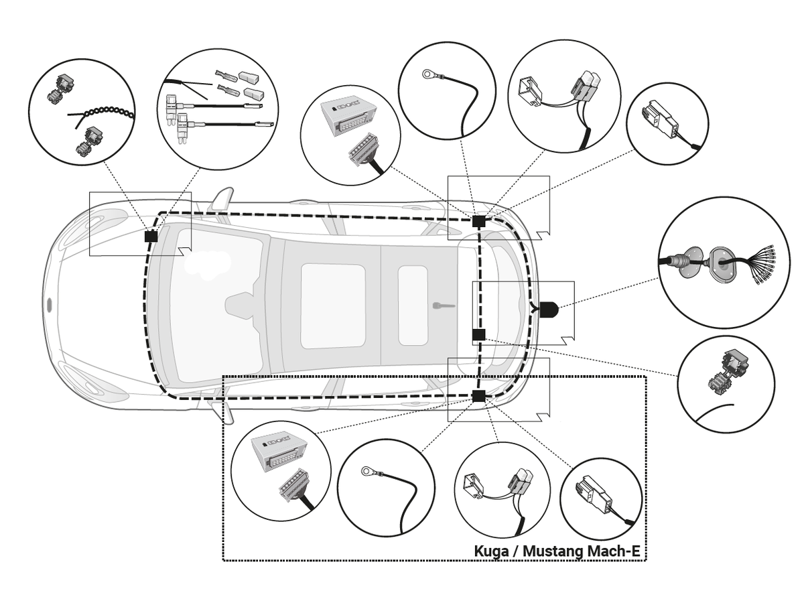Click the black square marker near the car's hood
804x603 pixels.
[151, 237]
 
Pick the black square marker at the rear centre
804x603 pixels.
[478, 334]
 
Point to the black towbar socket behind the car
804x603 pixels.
[548, 310]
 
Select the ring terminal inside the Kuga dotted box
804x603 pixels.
[367, 472]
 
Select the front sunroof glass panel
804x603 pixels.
[333, 306]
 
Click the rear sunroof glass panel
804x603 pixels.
[413, 306]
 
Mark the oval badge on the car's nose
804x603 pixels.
[50, 306]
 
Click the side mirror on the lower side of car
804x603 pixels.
[226, 412]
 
